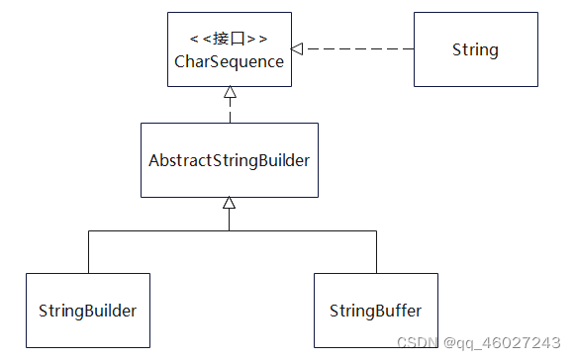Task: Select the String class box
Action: [x=475, y=48]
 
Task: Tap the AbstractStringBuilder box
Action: [x=229, y=159]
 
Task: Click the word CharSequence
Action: [x=229, y=61]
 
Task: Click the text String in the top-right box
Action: [x=475, y=49]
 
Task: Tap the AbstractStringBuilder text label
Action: [x=229, y=160]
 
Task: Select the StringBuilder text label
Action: [x=87, y=311]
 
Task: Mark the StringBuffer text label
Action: [x=376, y=311]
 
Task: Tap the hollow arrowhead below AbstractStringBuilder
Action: [x=229, y=203]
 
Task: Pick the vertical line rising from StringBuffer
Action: [x=376, y=252]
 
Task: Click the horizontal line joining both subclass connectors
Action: [x=297, y=231]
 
